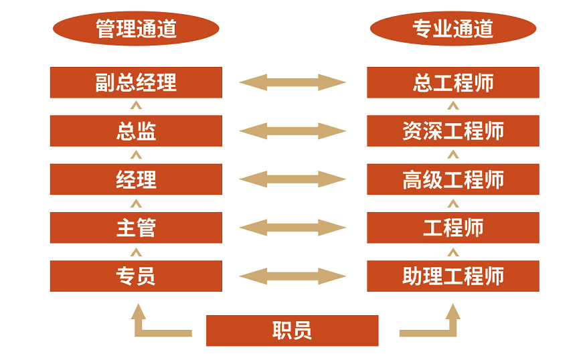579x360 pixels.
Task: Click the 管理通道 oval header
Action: point(136,28)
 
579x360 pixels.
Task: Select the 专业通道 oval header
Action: point(453,28)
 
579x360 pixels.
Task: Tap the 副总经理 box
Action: point(136,82)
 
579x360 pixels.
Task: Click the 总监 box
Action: point(136,131)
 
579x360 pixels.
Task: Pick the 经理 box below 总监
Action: point(136,179)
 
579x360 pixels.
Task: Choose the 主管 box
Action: point(136,228)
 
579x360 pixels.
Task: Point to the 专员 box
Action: point(136,276)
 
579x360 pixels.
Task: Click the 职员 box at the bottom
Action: point(292,331)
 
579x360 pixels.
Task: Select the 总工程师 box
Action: point(453,82)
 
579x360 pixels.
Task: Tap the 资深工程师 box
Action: point(453,131)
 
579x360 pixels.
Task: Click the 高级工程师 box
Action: point(453,179)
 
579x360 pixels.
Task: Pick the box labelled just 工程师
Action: point(453,228)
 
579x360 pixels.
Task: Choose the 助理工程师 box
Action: point(453,276)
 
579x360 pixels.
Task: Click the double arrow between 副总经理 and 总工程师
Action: point(293,82)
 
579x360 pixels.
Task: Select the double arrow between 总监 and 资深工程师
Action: point(293,131)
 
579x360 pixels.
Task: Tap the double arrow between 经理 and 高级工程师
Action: point(293,179)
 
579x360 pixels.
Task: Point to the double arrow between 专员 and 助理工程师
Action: point(293,276)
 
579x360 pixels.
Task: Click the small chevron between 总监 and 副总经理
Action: point(136,106)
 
